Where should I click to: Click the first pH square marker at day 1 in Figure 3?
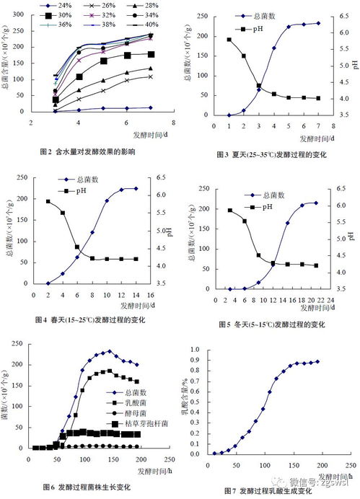229,40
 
